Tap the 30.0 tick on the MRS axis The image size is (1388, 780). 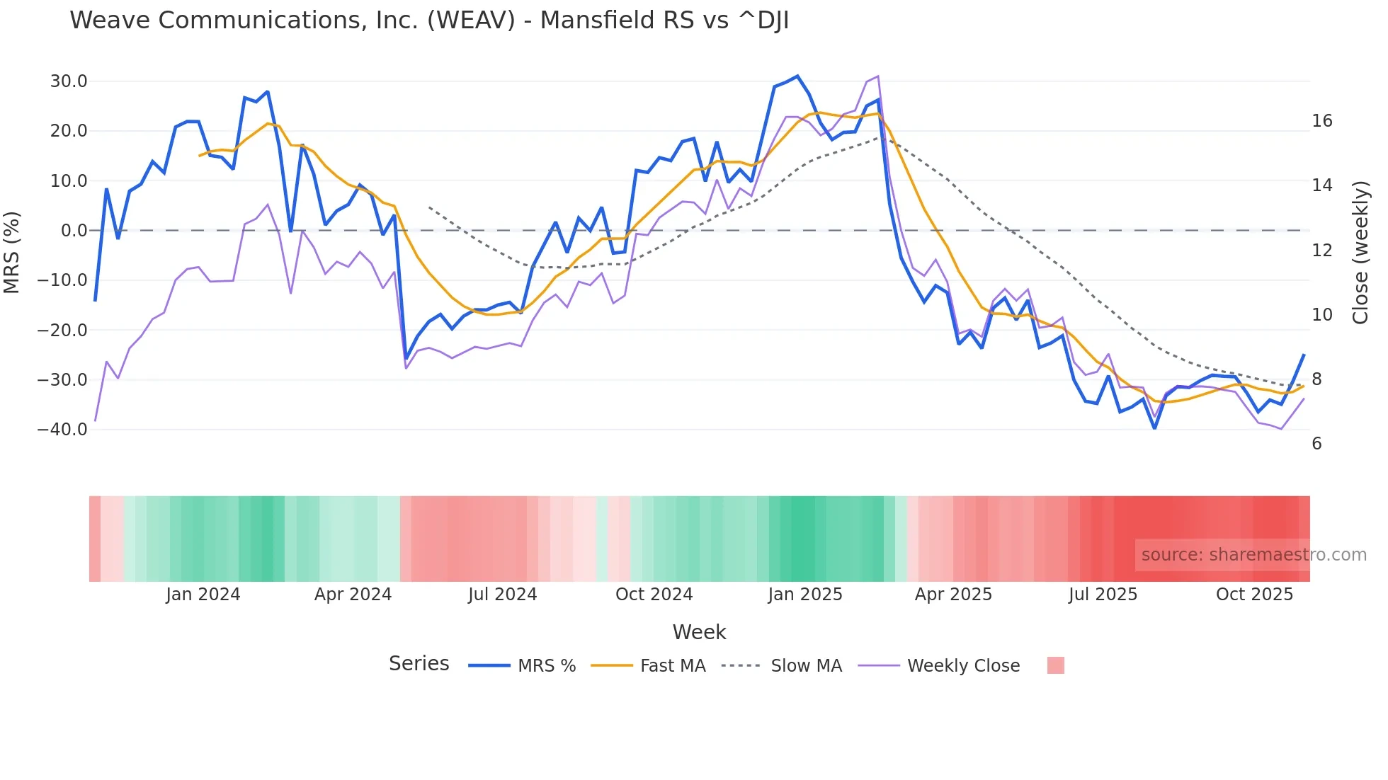pos(69,81)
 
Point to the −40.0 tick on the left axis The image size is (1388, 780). pos(62,430)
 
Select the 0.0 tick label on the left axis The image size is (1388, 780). pos(74,231)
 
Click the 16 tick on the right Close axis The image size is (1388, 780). pos(1321,121)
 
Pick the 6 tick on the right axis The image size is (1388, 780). pos(1316,444)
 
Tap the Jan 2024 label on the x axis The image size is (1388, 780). pos(203,595)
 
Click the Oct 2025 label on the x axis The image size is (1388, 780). pos(1254,595)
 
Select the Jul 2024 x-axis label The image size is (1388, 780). pos(502,595)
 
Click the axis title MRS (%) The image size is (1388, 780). pos(12,252)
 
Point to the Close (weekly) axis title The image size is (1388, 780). pos(1360,253)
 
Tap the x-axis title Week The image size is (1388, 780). pos(699,632)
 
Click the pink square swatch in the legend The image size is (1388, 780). pos(1055,665)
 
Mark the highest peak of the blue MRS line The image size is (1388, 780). pos(797,76)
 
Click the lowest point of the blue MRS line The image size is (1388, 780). pos(1154,428)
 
